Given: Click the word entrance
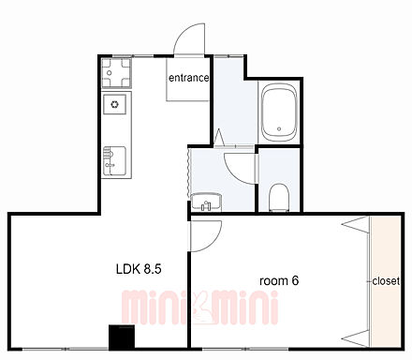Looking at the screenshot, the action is click(188, 78).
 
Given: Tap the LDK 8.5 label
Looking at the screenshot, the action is click(139, 268).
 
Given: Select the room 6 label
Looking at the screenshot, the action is click(279, 280).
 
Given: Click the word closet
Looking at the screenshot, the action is click(386, 281).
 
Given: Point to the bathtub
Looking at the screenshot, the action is click(279, 112).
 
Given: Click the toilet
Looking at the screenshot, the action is click(280, 197).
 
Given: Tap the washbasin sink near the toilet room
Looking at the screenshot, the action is click(206, 202).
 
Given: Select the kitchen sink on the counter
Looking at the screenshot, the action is click(114, 161).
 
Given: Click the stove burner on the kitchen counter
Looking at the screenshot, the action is click(114, 104).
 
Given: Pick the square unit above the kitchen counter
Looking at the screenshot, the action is click(116, 73).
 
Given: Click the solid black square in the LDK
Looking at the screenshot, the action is click(122, 337).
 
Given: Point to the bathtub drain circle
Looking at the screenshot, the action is click(279, 128).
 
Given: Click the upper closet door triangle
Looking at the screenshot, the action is click(356, 224).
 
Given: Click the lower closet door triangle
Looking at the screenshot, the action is click(356, 338).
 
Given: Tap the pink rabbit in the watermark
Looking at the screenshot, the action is click(200, 307).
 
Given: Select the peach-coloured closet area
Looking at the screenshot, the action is click(386, 281).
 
